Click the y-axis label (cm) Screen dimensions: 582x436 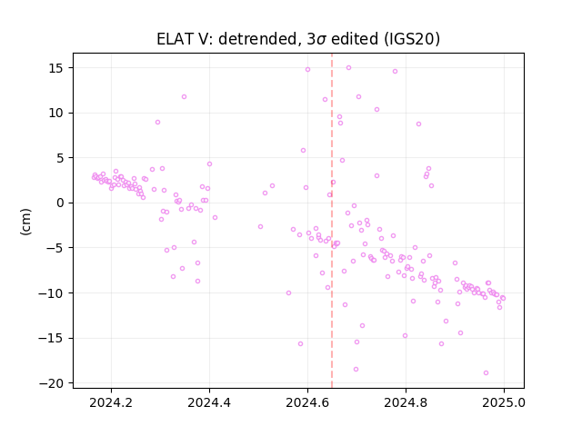tap(25, 222)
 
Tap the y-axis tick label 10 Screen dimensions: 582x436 tap(56, 113)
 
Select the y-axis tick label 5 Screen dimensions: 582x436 tap(60, 158)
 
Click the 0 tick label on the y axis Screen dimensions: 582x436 tap(60, 203)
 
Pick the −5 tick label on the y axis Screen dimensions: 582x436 tap(55, 248)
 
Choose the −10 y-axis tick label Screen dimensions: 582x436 tap(51, 292)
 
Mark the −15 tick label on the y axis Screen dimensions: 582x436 tap(51, 338)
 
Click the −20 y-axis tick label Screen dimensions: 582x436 tap(51, 383)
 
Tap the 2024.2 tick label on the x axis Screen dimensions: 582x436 tap(111, 402)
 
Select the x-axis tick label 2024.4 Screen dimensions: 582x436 tap(209, 402)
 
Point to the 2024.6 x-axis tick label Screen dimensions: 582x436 tap(307, 402)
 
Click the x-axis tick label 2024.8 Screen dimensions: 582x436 tap(406, 402)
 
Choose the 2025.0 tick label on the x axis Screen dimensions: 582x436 tap(504, 402)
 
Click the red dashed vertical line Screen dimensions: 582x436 tap(332, 221)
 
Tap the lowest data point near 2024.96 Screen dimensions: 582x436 tap(486, 372)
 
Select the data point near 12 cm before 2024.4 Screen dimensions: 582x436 tap(184, 97)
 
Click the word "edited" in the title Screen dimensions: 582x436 tap(355, 39)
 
